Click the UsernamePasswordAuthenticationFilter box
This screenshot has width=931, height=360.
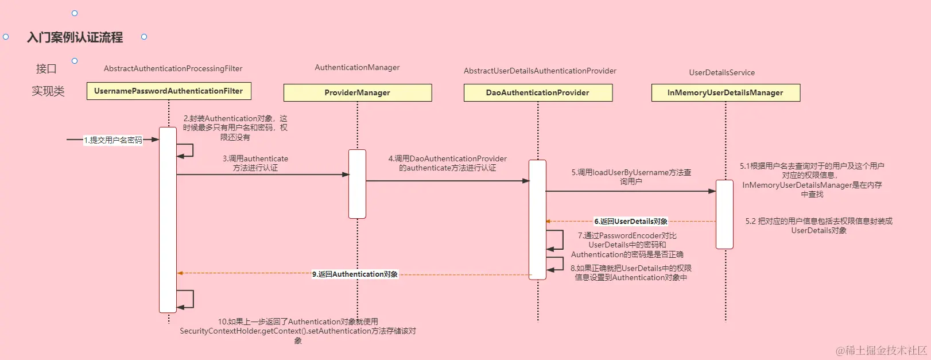click(169, 91)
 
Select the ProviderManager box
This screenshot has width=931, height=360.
click(357, 92)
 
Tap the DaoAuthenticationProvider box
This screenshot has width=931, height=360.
click(538, 92)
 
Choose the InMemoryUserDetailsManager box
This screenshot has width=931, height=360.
click(726, 92)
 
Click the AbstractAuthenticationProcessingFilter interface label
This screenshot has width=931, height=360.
click(173, 68)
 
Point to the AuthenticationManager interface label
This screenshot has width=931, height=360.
click(357, 67)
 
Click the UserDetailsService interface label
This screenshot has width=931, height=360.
click(721, 72)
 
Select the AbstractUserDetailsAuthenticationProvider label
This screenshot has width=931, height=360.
click(540, 71)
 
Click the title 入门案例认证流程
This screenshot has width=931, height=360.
click(75, 37)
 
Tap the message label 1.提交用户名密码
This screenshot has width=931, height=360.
click(113, 140)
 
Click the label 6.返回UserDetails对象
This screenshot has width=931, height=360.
click(631, 221)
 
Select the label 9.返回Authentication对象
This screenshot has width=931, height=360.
click(355, 274)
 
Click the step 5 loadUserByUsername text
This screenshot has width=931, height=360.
click(631, 176)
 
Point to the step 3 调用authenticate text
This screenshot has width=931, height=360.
click(255, 163)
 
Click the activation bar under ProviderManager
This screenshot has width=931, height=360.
click(357, 184)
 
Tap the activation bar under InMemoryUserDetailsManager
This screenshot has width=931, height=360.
click(724, 214)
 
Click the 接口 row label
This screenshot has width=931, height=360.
click(46, 68)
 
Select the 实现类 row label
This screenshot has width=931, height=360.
click(48, 91)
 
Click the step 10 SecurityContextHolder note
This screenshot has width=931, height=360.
click(297, 331)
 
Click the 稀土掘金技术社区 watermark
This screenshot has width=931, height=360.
click(881, 350)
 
